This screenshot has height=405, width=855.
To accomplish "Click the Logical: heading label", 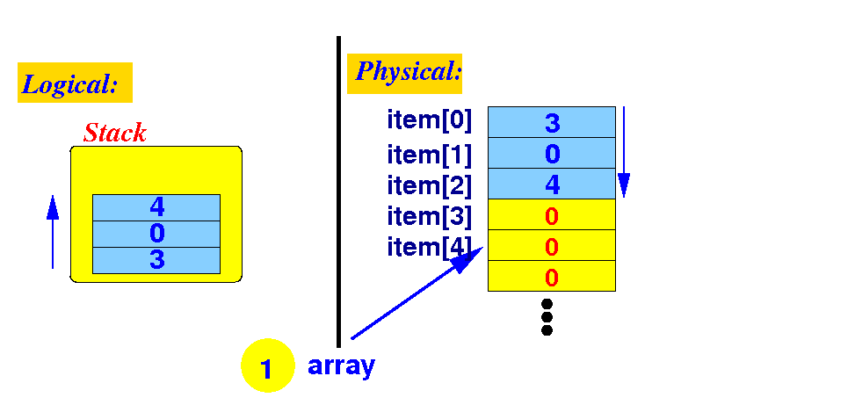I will (74, 83).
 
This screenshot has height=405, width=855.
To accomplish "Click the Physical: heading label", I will (405, 72).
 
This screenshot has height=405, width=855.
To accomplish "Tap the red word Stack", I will (114, 134).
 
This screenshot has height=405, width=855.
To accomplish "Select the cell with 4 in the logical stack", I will (156, 207).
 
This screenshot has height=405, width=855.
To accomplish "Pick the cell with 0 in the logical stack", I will (156, 234).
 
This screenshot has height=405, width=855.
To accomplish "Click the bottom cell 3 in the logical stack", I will (156, 260).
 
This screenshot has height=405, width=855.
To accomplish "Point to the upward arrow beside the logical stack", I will (53, 232).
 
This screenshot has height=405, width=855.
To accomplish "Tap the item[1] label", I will (429, 155).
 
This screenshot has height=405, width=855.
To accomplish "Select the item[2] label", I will (429, 185).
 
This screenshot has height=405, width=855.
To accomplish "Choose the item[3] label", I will (429, 216).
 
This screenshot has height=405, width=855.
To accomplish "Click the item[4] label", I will (429, 247).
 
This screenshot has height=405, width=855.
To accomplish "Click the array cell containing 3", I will (552, 122).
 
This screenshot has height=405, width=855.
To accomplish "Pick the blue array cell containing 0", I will (552, 154).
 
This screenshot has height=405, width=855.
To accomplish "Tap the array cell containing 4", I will (552, 184).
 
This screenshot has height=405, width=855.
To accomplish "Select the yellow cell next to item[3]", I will (552, 215).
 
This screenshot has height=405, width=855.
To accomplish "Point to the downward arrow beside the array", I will (624, 153).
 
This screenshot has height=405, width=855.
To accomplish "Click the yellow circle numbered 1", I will (266, 365).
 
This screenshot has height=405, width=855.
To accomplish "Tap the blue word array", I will (341, 365).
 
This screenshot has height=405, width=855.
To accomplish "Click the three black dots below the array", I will (547, 316).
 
